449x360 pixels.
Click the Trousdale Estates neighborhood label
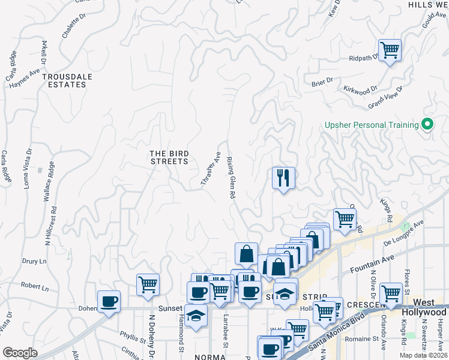[x=68, y=80]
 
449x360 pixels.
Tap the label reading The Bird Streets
[x=169, y=157]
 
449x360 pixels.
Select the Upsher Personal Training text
[x=371, y=125]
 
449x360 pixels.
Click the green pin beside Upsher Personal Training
[x=427, y=125]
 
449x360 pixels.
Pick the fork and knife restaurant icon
[x=283, y=178]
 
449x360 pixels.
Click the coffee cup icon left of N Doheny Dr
[x=109, y=301]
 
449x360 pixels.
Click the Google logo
[x=20, y=353]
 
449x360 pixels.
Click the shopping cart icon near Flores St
[x=391, y=293]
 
